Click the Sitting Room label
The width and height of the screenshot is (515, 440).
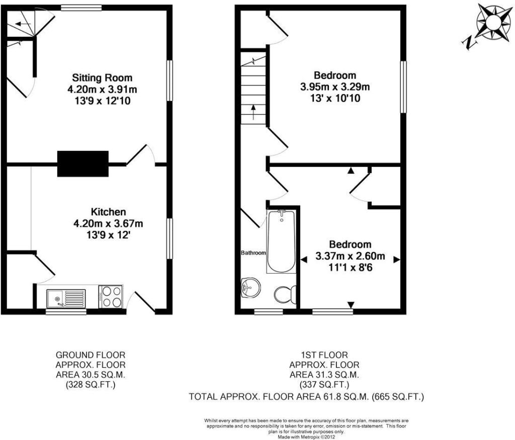tap(102, 78)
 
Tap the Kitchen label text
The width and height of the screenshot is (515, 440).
tap(109, 212)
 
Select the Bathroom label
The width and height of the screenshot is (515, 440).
tap(253, 253)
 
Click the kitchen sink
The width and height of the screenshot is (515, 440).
tap(66, 299)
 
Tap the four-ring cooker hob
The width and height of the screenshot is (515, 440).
tap(111, 297)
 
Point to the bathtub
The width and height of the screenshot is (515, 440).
tap(281, 241)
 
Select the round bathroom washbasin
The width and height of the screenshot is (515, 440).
tap(250, 288)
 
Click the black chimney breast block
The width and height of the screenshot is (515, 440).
tap(83, 163)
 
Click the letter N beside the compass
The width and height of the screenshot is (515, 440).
tap(469, 43)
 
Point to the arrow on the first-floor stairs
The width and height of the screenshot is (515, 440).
tap(253, 112)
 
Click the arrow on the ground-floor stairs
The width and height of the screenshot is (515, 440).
tap(23, 24)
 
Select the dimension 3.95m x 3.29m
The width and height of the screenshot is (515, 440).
tap(334, 87)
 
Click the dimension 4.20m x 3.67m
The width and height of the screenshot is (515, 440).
tap(108, 224)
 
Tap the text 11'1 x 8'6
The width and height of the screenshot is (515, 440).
tap(350, 268)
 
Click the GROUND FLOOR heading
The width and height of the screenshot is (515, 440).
tap(91, 355)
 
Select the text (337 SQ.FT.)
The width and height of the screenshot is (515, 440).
tap(324, 384)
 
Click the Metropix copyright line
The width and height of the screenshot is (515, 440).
tap(306, 437)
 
